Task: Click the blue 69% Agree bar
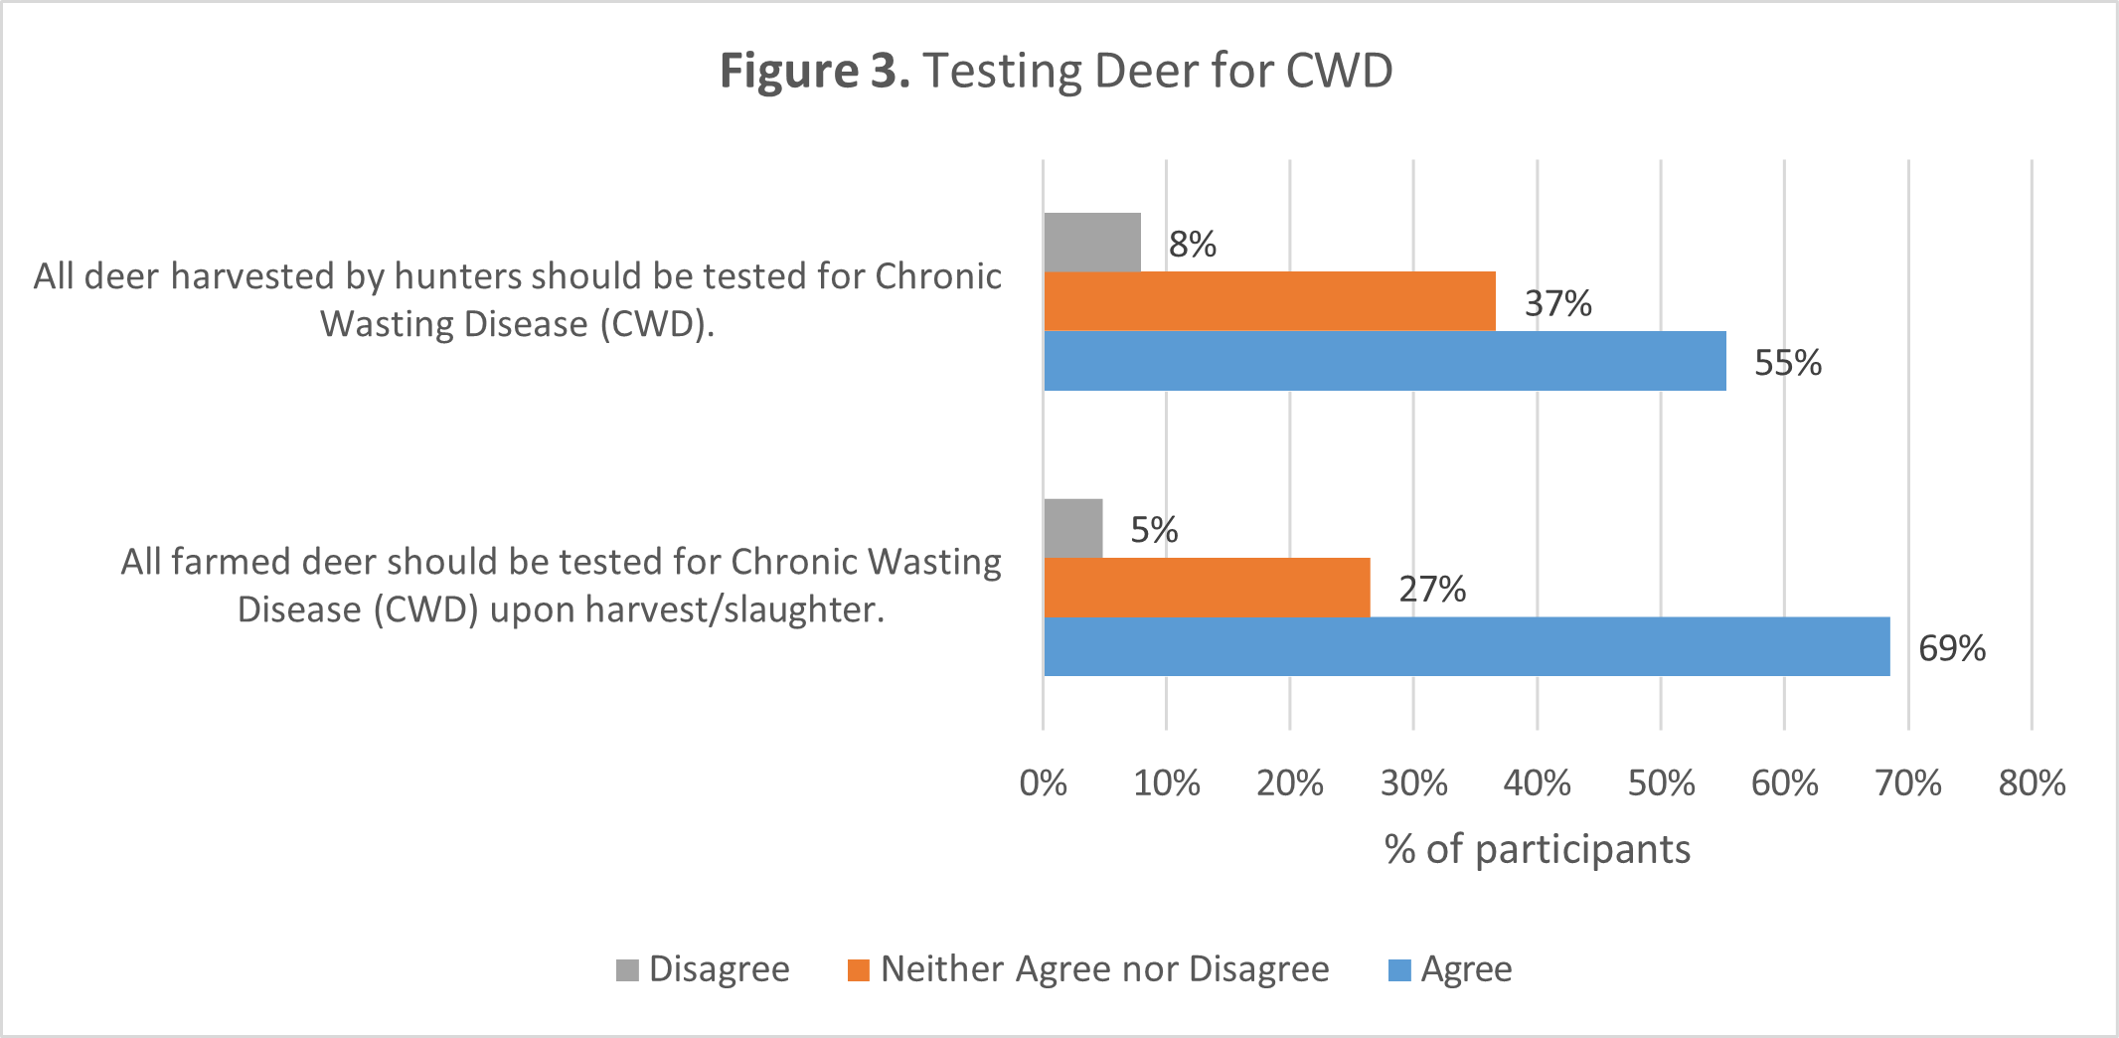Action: coord(1466,646)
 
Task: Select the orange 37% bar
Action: coord(1269,301)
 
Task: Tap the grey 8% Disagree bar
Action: coord(1091,242)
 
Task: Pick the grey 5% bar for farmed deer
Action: coord(1073,528)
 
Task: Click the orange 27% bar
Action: coord(1207,588)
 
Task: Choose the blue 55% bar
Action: coord(1385,361)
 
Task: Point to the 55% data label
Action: coord(1787,363)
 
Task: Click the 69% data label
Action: coord(1951,648)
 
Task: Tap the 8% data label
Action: coord(1192,245)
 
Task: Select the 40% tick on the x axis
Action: coord(1537,783)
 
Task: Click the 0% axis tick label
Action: coord(1043,783)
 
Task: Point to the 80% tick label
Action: coord(2032,783)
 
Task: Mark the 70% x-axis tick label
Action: coord(1907,783)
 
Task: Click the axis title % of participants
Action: coord(1537,849)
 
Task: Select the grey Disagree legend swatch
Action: coord(627,969)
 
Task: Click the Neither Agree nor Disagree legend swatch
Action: coord(858,969)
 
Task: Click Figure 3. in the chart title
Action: coord(814,72)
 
